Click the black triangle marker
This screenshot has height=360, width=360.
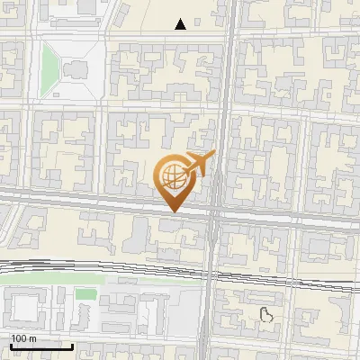click(182, 24)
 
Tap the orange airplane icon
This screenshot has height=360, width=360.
click(199, 164)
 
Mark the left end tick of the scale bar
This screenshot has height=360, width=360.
click(10, 346)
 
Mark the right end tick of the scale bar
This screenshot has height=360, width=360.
click(72, 346)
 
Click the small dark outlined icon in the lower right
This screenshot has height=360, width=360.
click(266, 314)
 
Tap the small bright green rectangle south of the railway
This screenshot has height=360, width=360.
click(85, 294)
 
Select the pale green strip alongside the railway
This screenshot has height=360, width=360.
click(54, 279)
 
